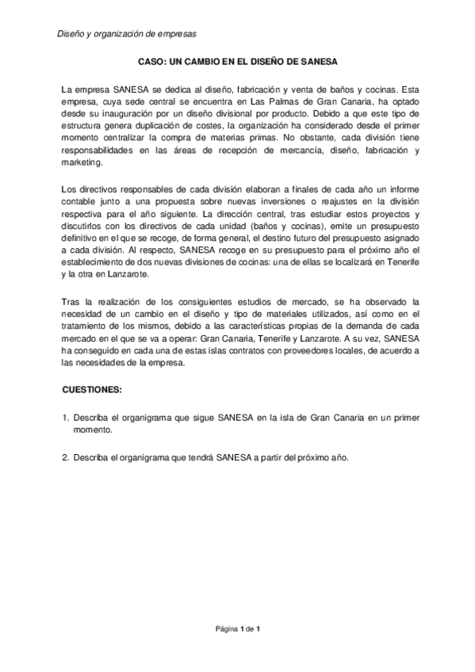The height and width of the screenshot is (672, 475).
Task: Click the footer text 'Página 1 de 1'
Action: coord(238,628)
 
